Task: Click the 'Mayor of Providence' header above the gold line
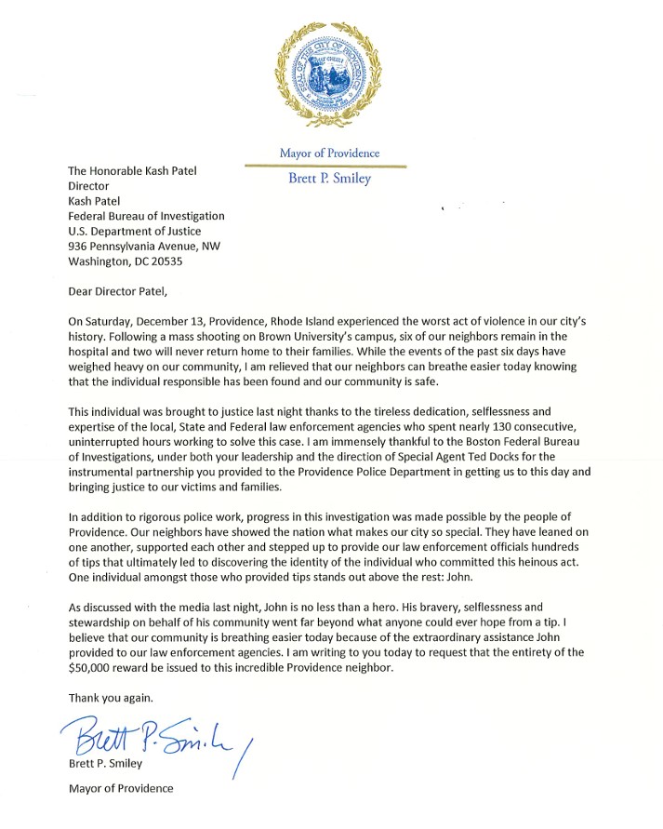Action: coord(330,153)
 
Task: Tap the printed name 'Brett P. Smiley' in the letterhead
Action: coord(330,179)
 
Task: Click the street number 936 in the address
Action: coord(81,247)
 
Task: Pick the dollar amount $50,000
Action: coord(96,667)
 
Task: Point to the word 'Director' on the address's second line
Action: coord(89,186)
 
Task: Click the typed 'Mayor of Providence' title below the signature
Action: coord(121,789)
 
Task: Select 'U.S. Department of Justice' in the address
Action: coord(135,231)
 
